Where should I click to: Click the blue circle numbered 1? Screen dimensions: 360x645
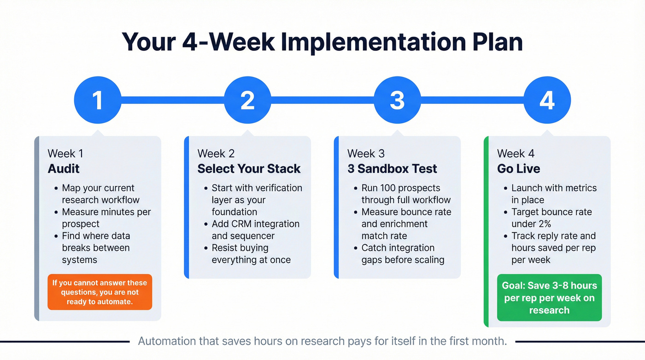click(97, 100)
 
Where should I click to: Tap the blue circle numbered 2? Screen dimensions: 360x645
click(247, 100)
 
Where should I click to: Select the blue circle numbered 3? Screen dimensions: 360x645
click(397, 100)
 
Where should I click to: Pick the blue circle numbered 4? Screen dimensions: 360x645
click(547, 100)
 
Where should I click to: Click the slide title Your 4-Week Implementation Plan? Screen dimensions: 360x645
click(322, 42)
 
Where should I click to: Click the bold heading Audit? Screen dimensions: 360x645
click(64, 169)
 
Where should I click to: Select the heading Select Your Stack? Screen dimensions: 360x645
click(249, 169)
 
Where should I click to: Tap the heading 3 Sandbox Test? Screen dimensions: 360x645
click(392, 169)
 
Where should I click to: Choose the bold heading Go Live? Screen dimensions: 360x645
click(518, 169)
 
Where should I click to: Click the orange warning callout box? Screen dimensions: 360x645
click(100, 292)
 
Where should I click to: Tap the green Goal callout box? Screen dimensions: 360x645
click(549, 298)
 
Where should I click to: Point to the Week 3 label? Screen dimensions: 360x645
click(366, 153)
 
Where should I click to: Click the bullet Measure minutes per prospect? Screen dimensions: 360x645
click(106, 218)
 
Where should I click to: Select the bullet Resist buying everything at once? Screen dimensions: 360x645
click(251, 254)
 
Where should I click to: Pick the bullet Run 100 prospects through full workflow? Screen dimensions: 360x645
click(405, 194)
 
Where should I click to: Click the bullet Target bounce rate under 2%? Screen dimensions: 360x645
click(551, 218)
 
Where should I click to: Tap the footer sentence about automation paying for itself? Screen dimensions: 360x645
click(322, 342)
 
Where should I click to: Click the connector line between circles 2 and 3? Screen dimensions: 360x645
click(322, 100)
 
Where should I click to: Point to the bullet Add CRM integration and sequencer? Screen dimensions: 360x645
click(255, 230)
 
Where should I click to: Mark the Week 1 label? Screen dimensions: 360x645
click(65, 153)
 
